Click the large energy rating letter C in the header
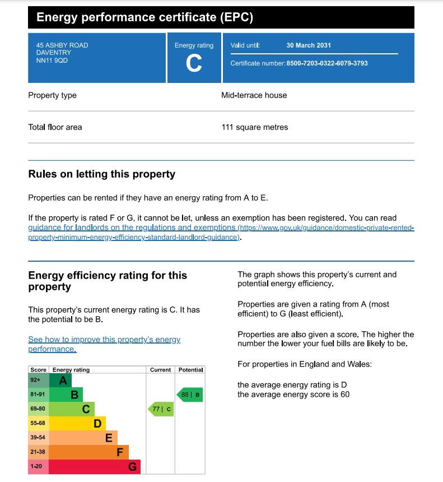(194, 64)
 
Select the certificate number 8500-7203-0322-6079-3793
(327, 63)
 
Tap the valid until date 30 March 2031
(309, 45)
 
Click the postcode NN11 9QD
(48, 61)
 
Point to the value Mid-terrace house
(254, 95)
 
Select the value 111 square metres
(255, 127)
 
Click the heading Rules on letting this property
(102, 174)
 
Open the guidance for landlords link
(132, 228)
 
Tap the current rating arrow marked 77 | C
(161, 409)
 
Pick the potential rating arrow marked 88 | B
(190, 395)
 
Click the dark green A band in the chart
(60, 381)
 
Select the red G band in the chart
(94, 466)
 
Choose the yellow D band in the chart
(77, 424)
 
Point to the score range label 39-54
(38, 438)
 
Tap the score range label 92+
(35, 381)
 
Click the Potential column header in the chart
(190, 370)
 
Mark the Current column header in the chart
(160, 370)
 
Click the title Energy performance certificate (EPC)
(144, 17)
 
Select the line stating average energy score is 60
(293, 395)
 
